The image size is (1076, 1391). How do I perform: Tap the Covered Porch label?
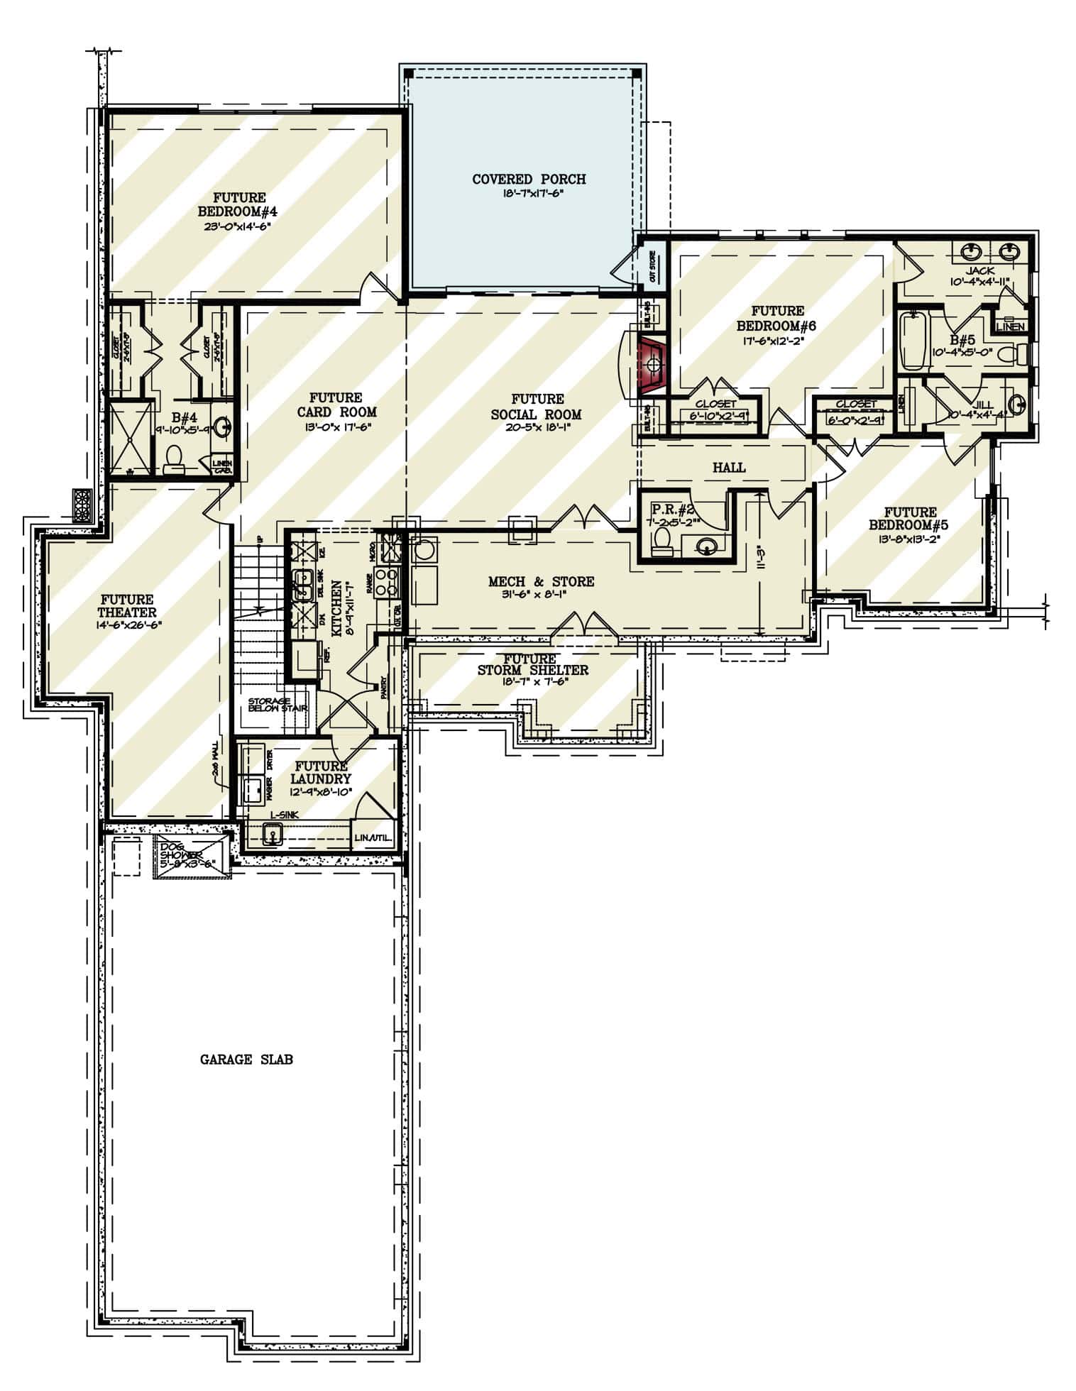point(529,180)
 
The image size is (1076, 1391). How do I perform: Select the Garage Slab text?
point(246,1060)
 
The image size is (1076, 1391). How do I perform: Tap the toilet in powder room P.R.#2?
point(661,541)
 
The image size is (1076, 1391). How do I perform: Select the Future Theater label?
point(128,606)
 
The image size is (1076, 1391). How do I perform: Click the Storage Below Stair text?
point(277,705)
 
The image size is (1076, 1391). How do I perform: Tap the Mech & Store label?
point(541,581)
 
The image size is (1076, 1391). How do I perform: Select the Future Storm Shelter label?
point(532,664)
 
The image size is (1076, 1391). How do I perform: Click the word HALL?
point(729,467)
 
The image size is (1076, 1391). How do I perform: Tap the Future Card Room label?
point(336,405)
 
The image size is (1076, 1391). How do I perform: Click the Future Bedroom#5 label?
point(911,519)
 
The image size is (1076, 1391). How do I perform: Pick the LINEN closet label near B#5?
point(1010,326)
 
